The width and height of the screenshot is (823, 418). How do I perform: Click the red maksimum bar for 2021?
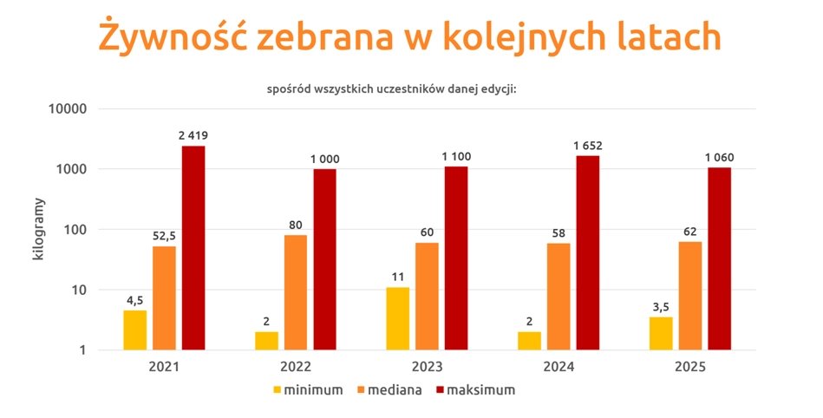(x=193, y=248)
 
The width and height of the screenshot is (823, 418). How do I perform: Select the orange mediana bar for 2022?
(x=296, y=292)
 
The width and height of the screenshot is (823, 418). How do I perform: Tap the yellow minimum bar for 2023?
(x=398, y=318)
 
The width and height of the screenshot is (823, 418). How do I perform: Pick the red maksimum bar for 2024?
(x=587, y=252)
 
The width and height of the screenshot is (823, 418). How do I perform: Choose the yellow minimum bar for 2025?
(x=661, y=333)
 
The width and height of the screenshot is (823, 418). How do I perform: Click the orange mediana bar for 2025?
(x=690, y=295)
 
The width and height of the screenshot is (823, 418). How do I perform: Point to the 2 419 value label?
(x=193, y=135)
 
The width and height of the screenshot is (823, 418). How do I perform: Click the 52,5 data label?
(x=164, y=236)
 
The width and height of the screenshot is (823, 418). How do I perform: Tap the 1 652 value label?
(x=587, y=146)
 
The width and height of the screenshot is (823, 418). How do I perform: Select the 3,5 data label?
(x=661, y=306)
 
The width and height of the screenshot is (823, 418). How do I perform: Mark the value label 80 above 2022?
(x=296, y=225)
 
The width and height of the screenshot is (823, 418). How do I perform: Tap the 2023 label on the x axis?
(x=427, y=367)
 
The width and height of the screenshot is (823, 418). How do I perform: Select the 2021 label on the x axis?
(x=164, y=367)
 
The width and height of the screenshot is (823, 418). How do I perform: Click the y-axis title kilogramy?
(x=39, y=230)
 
